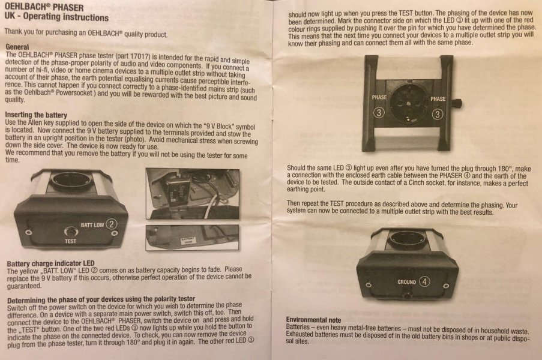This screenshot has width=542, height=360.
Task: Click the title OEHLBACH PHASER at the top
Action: point(44,7)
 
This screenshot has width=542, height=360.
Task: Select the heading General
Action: point(17,47)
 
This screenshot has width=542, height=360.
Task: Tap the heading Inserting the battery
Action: point(36,115)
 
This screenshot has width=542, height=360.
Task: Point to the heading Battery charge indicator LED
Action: point(50,263)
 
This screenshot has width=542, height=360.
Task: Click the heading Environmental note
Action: point(313,320)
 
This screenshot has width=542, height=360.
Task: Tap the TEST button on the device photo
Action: point(70,232)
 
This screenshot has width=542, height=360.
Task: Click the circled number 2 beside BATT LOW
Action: point(111,224)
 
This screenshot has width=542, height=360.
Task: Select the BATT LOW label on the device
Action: point(92,225)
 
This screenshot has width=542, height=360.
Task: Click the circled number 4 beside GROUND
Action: point(424,281)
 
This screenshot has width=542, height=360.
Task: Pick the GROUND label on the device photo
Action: point(406,282)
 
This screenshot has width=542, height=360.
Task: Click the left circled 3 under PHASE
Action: point(379,113)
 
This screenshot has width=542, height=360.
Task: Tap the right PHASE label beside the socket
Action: point(438,99)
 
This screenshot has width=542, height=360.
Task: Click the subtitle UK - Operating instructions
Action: point(56,17)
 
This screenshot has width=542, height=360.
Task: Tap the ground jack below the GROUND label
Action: point(407,296)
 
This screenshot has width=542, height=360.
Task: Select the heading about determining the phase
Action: point(101,299)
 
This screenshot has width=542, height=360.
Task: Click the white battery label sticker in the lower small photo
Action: point(188,241)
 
